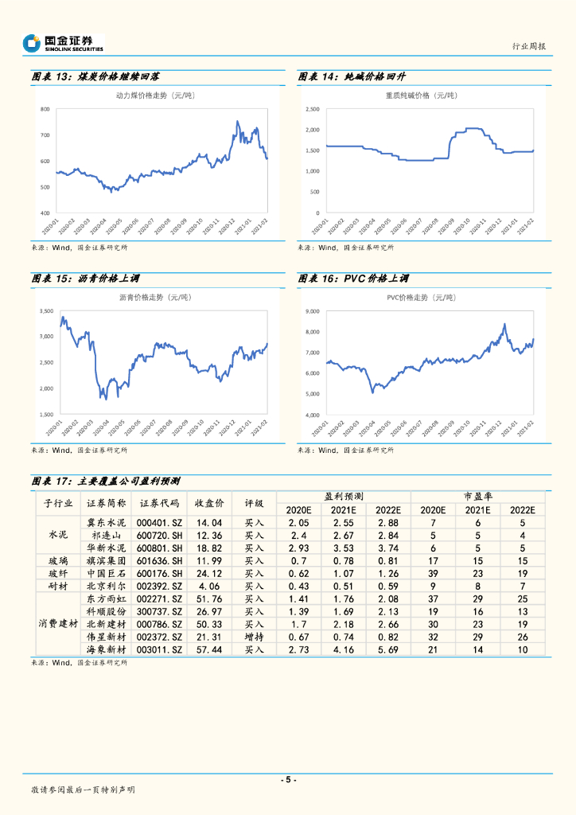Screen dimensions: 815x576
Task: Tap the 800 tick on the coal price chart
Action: tap(45, 109)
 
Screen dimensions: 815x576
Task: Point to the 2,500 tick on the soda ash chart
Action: tap(311, 109)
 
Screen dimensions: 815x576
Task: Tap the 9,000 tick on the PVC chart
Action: tap(312, 311)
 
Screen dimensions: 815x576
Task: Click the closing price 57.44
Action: tap(209, 650)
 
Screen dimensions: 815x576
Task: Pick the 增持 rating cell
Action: tap(254, 638)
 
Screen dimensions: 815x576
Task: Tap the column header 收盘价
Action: tap(209, 503)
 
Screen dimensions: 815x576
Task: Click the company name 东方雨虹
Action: tap(106, 599)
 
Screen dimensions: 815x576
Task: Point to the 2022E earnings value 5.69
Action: tap(388, 650)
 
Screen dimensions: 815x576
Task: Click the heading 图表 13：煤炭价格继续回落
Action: tap(95, 77)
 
